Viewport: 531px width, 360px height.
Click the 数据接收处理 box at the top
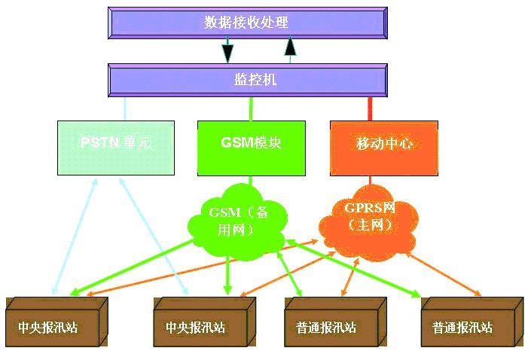247,23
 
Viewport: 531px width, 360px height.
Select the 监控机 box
247,78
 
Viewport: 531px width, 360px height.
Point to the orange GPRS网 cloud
369,220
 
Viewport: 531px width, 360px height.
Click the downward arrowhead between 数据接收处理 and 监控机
227,53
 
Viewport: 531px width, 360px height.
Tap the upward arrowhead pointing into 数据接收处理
291,47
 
